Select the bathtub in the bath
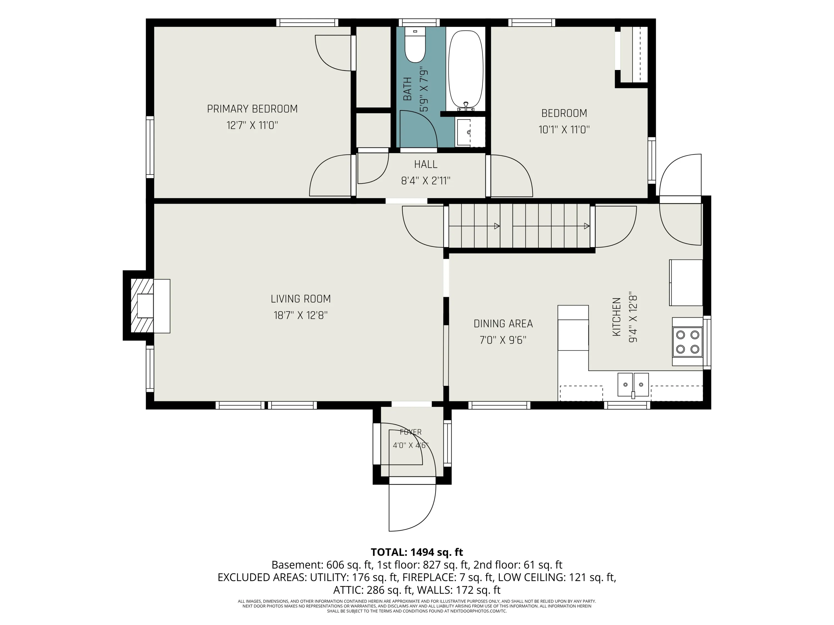(466, 70)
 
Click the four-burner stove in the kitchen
(687, 342)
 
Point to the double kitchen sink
(633, 385)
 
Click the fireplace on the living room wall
(146, 306)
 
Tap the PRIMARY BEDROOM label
(252, 109)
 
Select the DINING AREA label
(503, 324)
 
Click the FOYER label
(411, 432)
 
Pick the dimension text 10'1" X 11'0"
(564, 130)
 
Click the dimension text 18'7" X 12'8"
(301, 315)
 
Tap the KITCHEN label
(616, 317)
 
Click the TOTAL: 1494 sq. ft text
(417, 552)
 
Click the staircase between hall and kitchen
(519, 226)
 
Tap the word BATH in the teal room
(408, 89)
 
